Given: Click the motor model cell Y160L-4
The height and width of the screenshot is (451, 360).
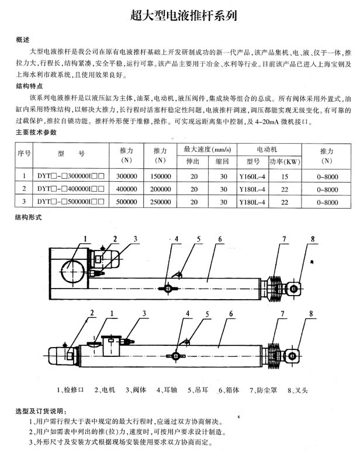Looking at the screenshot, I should click(253, 176).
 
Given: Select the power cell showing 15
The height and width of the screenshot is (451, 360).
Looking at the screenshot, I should click(285, 176).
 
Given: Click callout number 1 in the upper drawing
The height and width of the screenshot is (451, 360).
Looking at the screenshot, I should click(85, 238).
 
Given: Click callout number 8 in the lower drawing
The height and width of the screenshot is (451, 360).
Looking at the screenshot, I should click(311, 314).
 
